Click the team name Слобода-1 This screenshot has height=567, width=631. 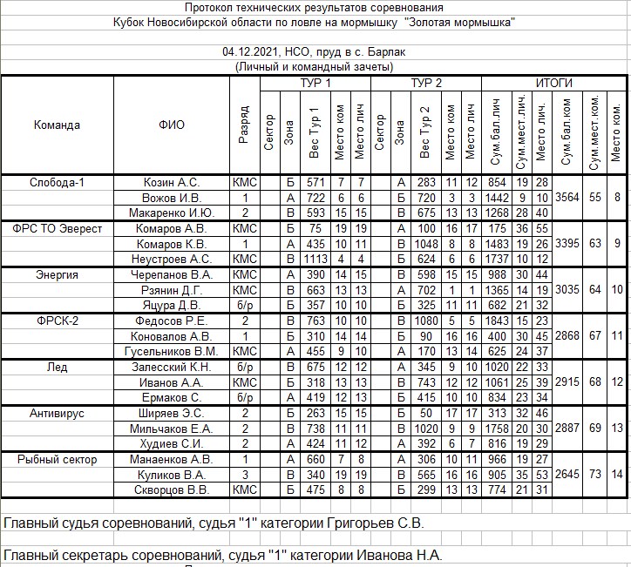57,183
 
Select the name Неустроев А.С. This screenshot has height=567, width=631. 171,259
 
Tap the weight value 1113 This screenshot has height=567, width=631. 315,259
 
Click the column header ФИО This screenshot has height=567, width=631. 172,125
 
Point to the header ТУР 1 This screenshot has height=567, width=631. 315,83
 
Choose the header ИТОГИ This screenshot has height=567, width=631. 553,83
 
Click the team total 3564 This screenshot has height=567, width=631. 567,198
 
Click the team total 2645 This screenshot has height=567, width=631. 567,474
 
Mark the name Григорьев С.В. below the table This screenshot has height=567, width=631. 373,523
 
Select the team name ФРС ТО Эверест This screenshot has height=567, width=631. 57,228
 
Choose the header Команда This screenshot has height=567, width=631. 57,125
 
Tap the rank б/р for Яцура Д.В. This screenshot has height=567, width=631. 242,305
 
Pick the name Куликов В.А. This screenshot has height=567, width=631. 171,475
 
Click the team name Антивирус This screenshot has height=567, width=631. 57,413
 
